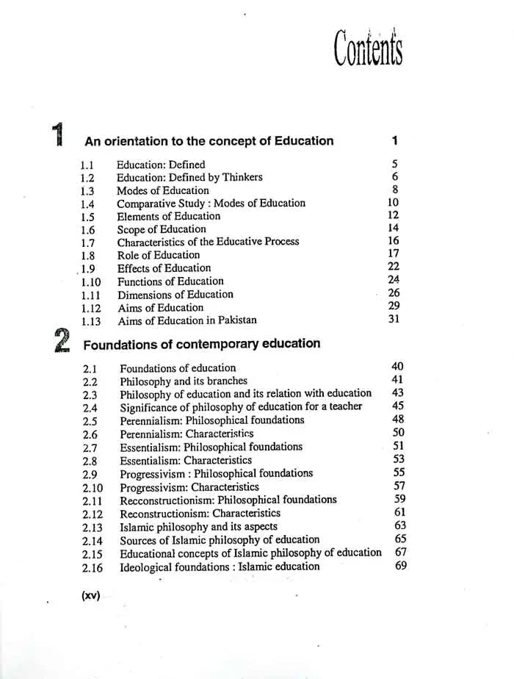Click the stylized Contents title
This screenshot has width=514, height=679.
(369, 48)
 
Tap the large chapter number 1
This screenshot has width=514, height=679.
(59, 137)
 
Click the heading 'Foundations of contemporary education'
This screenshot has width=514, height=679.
(202, 344)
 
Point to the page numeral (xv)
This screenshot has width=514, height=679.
(90, 596)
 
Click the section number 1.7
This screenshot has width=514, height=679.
(87, 242)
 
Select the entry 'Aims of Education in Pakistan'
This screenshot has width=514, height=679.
(187, 320)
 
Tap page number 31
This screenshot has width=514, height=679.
(394, 319)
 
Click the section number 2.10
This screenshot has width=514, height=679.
(93, 488)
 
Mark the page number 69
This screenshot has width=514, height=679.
(400, 566)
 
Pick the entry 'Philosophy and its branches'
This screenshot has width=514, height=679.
(184, 381)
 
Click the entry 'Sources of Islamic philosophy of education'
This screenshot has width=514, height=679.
(220, 540)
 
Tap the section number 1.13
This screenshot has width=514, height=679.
(90, 321)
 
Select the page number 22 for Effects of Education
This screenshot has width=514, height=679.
(394, 267)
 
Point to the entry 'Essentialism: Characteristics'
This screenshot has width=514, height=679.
(186, 461)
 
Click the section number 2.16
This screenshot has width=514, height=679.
(93, 567)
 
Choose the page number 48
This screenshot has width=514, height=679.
(399, 420)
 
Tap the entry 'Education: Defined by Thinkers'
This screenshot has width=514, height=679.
(189, 177)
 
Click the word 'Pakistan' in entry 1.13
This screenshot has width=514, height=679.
(235, 320)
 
